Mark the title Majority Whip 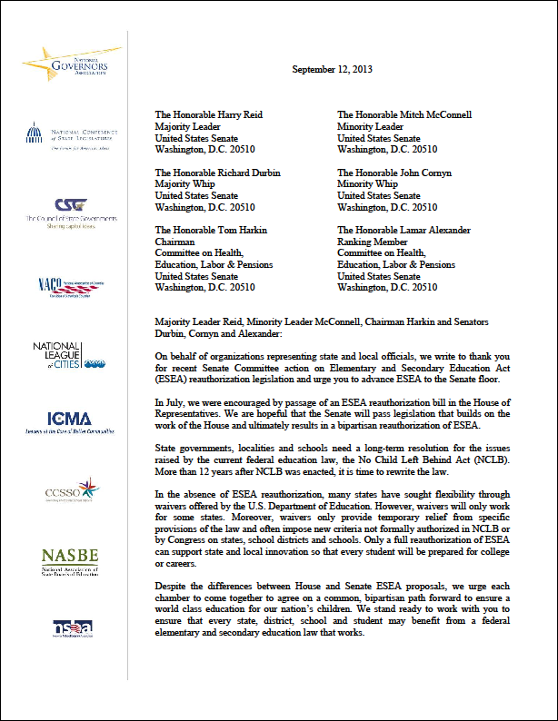point(187,184)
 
